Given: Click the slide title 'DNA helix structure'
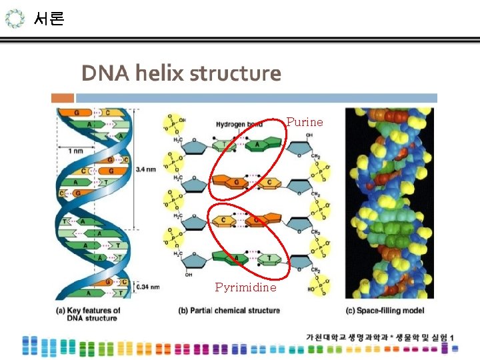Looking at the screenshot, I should (181, 73).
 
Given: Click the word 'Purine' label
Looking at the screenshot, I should (305, 122).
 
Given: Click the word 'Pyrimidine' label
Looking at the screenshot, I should (245, 287).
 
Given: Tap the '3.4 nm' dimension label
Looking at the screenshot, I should (146, 169).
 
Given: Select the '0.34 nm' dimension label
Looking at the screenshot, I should (147, 287).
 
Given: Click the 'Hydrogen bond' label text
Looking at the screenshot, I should (239, 125).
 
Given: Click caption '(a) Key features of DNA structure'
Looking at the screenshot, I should (88, 314).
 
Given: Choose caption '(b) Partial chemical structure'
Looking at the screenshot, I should (229, 311).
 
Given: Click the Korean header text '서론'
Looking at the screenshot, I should (49, 19).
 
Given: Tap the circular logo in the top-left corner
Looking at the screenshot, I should (15, 19).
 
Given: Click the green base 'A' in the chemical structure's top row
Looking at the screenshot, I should (257, 145).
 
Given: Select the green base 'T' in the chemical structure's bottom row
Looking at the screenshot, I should (269, 257).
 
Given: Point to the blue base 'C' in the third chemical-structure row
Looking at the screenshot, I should (225, 220).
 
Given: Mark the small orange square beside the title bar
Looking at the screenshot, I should (63, 98).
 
